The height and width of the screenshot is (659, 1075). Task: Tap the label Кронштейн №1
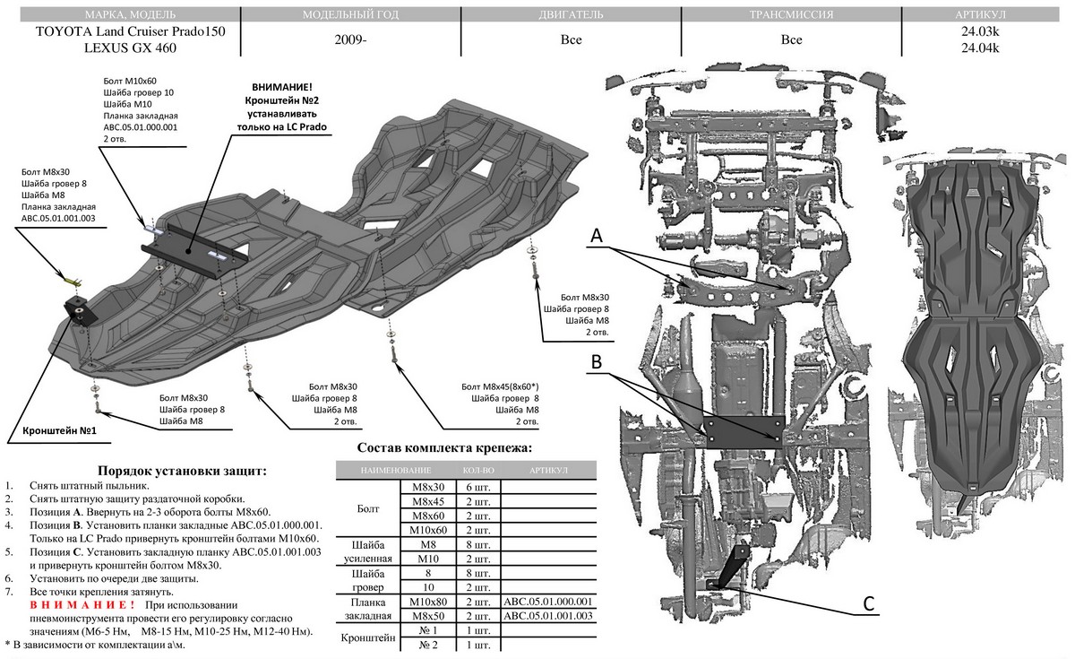[x=57, y=429]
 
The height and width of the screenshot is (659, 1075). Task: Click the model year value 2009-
[x=351, y=40]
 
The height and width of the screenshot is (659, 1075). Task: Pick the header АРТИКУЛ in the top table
[x=983, y=15]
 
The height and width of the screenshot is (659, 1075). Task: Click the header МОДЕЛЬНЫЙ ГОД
[x=351, y=15]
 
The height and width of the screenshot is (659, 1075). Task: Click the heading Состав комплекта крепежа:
[x=444, y=447]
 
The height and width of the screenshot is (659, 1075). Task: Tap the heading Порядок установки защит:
[x=182, y=470]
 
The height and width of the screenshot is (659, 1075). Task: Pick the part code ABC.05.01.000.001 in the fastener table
[x=548, y=601]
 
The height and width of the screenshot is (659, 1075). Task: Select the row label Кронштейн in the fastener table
[x=367, y=638]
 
